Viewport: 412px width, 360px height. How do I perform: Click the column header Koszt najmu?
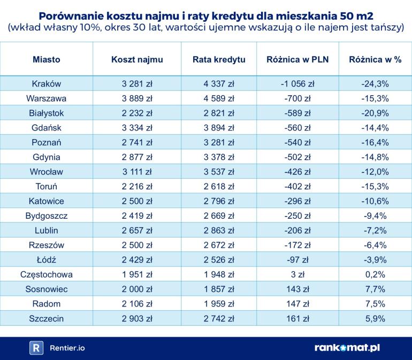[137, 59]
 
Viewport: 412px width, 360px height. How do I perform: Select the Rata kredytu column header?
[219, 59]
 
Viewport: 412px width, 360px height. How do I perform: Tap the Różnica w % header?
[375, 59]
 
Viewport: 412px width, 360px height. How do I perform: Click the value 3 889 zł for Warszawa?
[137, 98]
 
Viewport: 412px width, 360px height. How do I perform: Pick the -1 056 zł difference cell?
[297, 83]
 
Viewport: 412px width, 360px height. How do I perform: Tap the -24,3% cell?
[375, 83]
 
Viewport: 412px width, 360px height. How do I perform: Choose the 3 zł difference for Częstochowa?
[297, 274]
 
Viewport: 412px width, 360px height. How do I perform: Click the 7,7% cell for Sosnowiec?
[375, 289]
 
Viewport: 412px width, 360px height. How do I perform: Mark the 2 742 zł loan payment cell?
[219, 318]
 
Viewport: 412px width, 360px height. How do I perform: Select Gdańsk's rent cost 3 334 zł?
[137, 128]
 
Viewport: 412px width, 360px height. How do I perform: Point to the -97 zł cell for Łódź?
[297, 260]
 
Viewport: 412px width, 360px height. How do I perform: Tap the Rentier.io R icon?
[36, 348]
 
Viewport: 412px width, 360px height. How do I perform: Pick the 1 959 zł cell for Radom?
[219, 304]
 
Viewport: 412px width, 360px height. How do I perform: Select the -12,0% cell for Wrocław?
[375, 172]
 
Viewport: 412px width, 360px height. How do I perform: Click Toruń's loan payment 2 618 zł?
[219, 187]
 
